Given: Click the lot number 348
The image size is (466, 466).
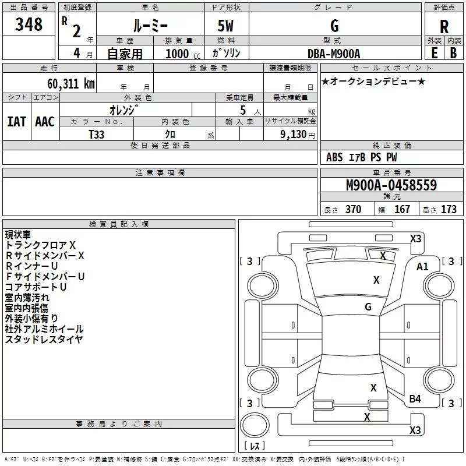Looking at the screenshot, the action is (x=29, y=24).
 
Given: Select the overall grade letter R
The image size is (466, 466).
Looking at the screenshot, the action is (x=444, y=27).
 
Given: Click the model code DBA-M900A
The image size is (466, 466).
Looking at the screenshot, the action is (x=334, y=53).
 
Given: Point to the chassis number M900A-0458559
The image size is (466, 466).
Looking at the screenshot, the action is (x=391, y=185).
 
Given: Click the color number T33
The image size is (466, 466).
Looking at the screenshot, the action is (x=97, y=134).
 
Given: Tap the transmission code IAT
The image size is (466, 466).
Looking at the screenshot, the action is (x=16, y=121).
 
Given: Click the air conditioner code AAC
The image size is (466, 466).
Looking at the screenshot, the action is (x=45, y=121).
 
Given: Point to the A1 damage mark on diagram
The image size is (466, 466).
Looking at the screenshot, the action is (x=422, y=267).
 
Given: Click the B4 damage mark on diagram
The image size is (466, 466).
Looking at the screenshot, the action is (x=415, y=398).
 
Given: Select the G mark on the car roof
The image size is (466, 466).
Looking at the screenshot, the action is (x=368, y=307).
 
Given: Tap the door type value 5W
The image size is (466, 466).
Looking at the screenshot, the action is (x=227, y=26).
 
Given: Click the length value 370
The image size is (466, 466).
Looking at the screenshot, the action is (x=353, y=210).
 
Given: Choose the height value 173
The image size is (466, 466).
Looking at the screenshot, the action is (x=449, y=210).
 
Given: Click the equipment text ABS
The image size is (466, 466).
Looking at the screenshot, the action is (x=334, y=157).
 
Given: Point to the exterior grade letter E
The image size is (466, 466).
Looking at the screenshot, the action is (x=434, y=52).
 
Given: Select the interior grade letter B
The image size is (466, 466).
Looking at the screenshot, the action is (x=454, y=52).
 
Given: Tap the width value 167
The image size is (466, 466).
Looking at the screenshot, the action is (x=402, y=210).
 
